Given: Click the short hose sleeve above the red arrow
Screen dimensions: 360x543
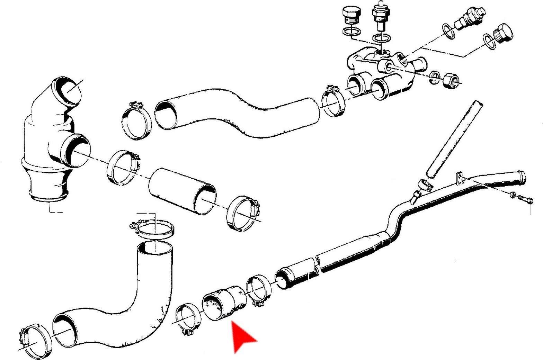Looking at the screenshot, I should tap(224, 303).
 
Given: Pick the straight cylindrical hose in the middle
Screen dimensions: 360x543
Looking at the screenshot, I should tap(182, 190).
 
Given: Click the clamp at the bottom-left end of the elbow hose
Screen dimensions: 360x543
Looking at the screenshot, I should tap(35, 341).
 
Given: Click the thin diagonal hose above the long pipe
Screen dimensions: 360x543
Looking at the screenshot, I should tap(454, 138).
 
